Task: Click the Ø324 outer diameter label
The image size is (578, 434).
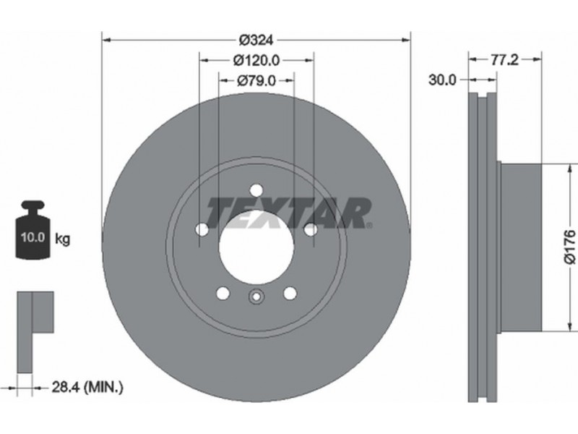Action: [x=256, y=40]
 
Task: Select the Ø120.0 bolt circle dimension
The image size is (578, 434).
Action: [x=256, y=60]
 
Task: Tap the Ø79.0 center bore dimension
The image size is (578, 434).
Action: [x=256, y=80]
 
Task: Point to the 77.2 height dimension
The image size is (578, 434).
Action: [x=504, y=59]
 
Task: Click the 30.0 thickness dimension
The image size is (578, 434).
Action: [x=442, y=80]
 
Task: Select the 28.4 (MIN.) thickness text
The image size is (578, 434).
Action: [x=87, y=387]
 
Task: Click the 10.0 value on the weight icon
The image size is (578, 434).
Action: [x=33, y=237]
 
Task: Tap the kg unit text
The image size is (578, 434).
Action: [x=62, y=239]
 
